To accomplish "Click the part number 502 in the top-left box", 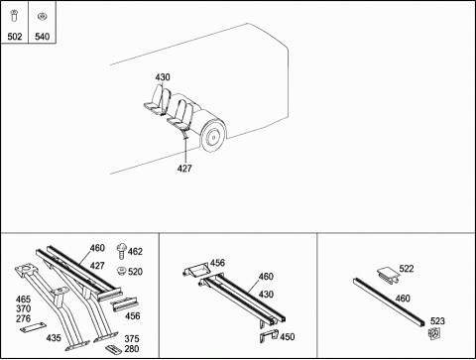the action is click(x=15, y=37).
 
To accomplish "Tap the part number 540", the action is click(x=43, y=37).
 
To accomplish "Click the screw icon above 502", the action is click(x=14, y=16).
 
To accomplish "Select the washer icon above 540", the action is click(x=42, y=16).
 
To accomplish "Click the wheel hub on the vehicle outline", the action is click(x=213, y=137).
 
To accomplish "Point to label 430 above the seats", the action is click(x=163, y=77).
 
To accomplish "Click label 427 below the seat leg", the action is click(x=184, y=169).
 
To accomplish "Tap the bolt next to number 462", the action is click(x=122, y=251).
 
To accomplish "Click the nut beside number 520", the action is click(x=121, y=271).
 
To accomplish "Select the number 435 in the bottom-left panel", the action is click(x=54, y=338).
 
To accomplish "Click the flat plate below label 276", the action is click(x=33, y=327).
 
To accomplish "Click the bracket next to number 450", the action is click(x=269, y=336).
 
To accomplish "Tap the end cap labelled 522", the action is click(x=388, y=274).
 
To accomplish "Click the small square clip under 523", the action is click(x=433, y=333).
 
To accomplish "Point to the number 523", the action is click(x=437, y=321).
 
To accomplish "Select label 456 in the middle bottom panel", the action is click(x=217, y=263).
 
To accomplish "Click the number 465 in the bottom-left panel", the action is click(x=23, y=300).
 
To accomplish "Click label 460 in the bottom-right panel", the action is click(x=403, y=299).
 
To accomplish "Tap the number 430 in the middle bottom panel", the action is click(x=266, y=295).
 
